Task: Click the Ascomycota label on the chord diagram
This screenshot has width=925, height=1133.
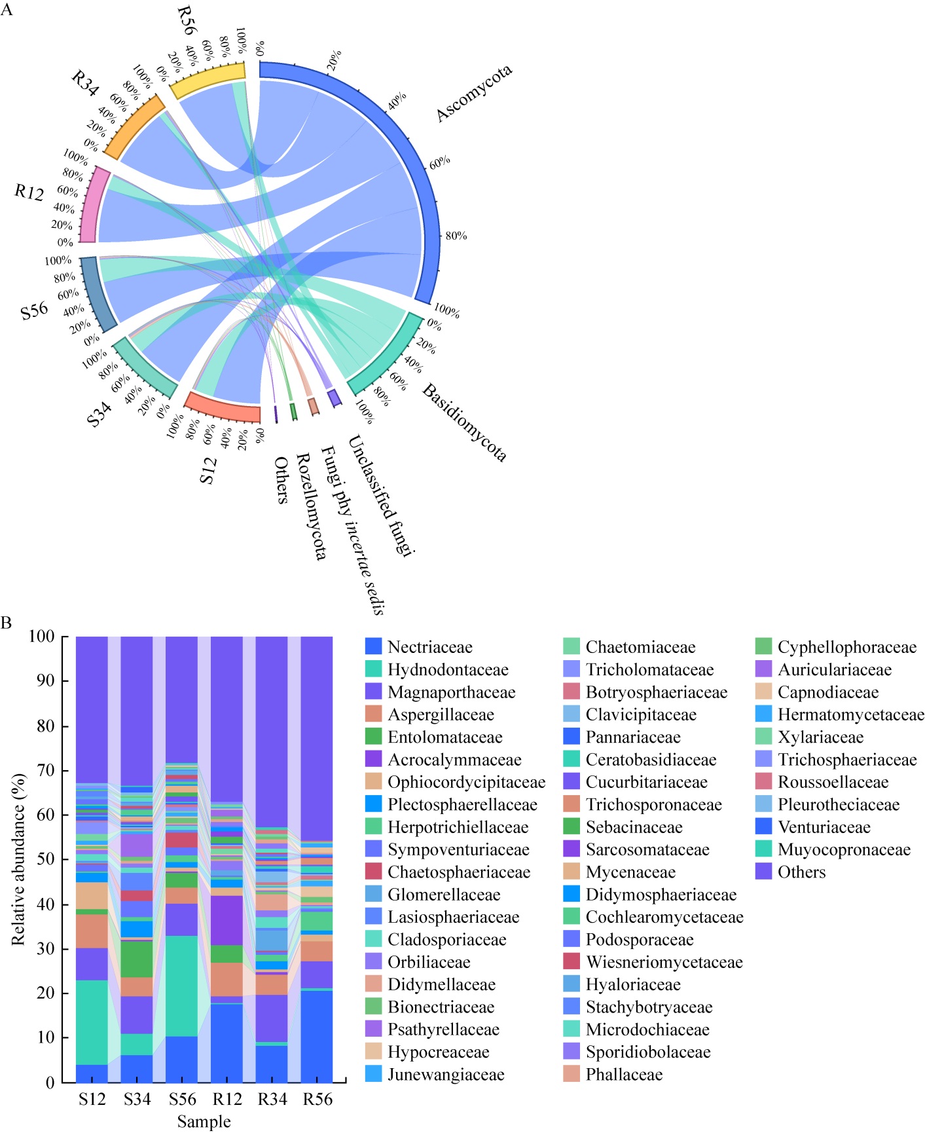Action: pyautogui.click(x=474, y=94)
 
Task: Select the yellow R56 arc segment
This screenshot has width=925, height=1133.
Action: pyautogui.click(x=208, y=80)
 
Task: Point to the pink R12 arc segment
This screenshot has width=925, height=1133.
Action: pyautogui.click(x=94, y=204)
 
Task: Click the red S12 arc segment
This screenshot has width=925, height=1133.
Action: pyautogui.click(x=223, y=407)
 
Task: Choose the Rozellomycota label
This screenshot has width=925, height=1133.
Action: pyautogui.click(x=311, y=506)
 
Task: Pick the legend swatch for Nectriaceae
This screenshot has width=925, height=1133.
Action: pyautogui.click(x=373, y=647)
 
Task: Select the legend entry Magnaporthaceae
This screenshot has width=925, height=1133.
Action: pyautogui.click(x=451, y=692)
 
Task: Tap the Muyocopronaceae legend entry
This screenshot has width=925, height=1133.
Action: pyautogui.click(x=844, y=849)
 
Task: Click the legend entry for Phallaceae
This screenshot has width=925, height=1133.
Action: pyautogui.click(x=624, y=1074)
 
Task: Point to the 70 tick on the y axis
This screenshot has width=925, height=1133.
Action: pyautogui.click(x=46, y=770)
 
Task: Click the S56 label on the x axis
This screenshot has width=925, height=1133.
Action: pyautogui.click(x=182, y=1100)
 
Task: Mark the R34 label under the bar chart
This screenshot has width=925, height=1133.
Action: pyautogui.click(x=272, y=1100)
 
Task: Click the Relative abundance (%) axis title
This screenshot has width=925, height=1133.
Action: pyautogui.click(x=18, y=859)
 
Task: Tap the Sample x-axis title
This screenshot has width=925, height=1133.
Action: pyautogui.click(x=204, y=1122)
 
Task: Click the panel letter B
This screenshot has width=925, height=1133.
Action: pyautogui.click(x=7, y=622)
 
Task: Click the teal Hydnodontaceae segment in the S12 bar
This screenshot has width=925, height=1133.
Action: pyautogui.click(x=92, y=1022)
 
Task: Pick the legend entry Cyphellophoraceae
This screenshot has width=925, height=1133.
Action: pyautogui.click(x=847, y=647)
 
